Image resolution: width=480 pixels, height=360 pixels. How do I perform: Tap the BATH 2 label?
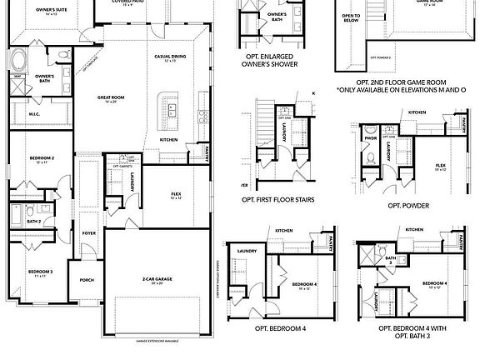coord(33,222)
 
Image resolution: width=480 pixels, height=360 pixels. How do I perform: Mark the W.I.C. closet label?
coord(34,114)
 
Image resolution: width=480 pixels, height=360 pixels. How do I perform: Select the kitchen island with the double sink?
coord(173,108)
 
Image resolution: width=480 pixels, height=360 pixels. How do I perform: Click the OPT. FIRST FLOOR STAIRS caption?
coord(277,200)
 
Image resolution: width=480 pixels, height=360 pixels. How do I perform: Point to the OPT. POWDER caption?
coord(407,204)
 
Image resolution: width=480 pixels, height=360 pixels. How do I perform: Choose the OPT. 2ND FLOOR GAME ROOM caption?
coord(400,82)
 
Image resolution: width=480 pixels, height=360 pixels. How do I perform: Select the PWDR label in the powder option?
coord(371,138)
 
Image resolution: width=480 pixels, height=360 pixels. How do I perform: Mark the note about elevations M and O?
coord(400,90)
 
